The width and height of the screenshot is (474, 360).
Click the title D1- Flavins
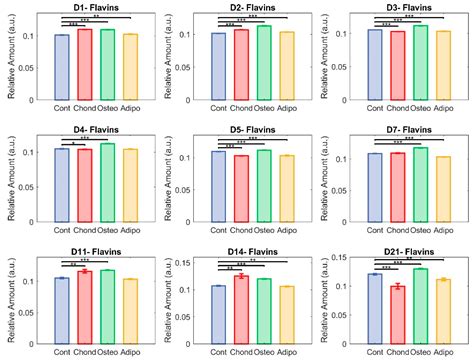pyautogui.click(x=96, y=7)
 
